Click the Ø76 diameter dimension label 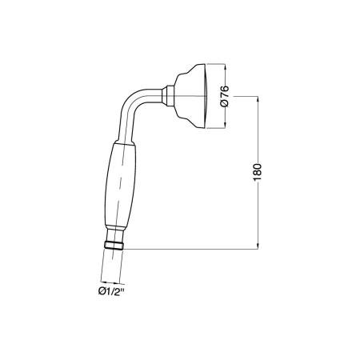tap(225, 96)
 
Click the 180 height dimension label tap(257, 172)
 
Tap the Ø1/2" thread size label tap(111, 291)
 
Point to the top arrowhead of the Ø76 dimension tap(226, 66)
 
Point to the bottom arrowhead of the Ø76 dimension tap(226, 126)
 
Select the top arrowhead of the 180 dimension tap(258, 99)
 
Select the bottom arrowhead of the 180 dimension tap(258, 246)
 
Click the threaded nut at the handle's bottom tap(114, 246)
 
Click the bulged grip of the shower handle tap(120, 184)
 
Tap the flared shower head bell tap(190, 96)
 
